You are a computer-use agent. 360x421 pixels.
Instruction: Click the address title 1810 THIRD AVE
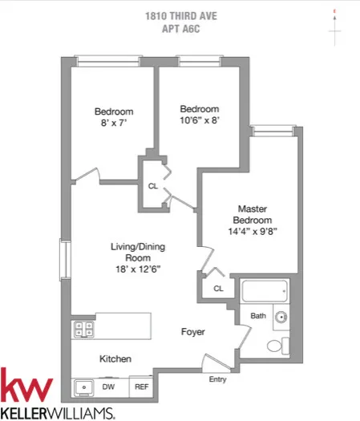180,14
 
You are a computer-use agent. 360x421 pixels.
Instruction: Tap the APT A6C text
180,26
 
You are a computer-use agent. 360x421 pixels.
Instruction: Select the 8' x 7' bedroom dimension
113,124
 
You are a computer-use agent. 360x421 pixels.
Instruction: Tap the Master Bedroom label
252,214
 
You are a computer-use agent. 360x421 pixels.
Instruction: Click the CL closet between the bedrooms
152,187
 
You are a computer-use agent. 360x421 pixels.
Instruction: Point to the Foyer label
192,331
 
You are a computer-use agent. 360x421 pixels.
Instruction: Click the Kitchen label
115,358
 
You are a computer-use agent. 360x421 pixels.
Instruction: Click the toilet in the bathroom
275,345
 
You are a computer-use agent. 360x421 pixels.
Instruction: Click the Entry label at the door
217,379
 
